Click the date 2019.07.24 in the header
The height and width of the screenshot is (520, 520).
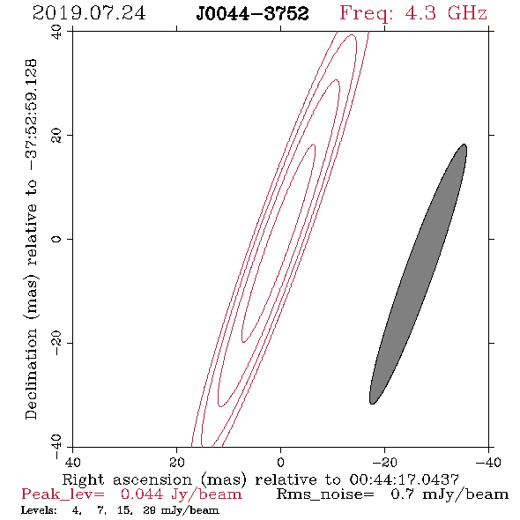[89, 13]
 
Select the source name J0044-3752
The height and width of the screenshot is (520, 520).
[252, 14]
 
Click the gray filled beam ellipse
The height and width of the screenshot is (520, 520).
[418, 274]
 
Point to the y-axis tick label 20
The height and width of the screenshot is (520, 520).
[56, 136]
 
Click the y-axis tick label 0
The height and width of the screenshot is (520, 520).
[56, 239]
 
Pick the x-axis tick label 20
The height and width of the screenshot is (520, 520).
[177, 462]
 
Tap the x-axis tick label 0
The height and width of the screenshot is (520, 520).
[280, 462]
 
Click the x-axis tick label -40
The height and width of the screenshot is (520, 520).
[488, 462]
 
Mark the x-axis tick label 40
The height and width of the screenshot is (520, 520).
[72, 462]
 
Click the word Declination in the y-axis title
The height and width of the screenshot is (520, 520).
[31, 374]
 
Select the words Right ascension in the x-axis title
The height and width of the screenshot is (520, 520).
[127, 479]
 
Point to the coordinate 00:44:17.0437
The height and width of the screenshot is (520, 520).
[404, 479]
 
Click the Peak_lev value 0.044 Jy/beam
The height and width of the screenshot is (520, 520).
[181, 494]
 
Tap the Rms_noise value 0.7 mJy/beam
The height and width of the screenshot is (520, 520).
[449, 494]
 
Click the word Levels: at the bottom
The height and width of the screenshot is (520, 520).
[39, 510]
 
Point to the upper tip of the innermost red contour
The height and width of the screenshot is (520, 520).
[314, 145]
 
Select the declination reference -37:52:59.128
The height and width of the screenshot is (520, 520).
[31, 115]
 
